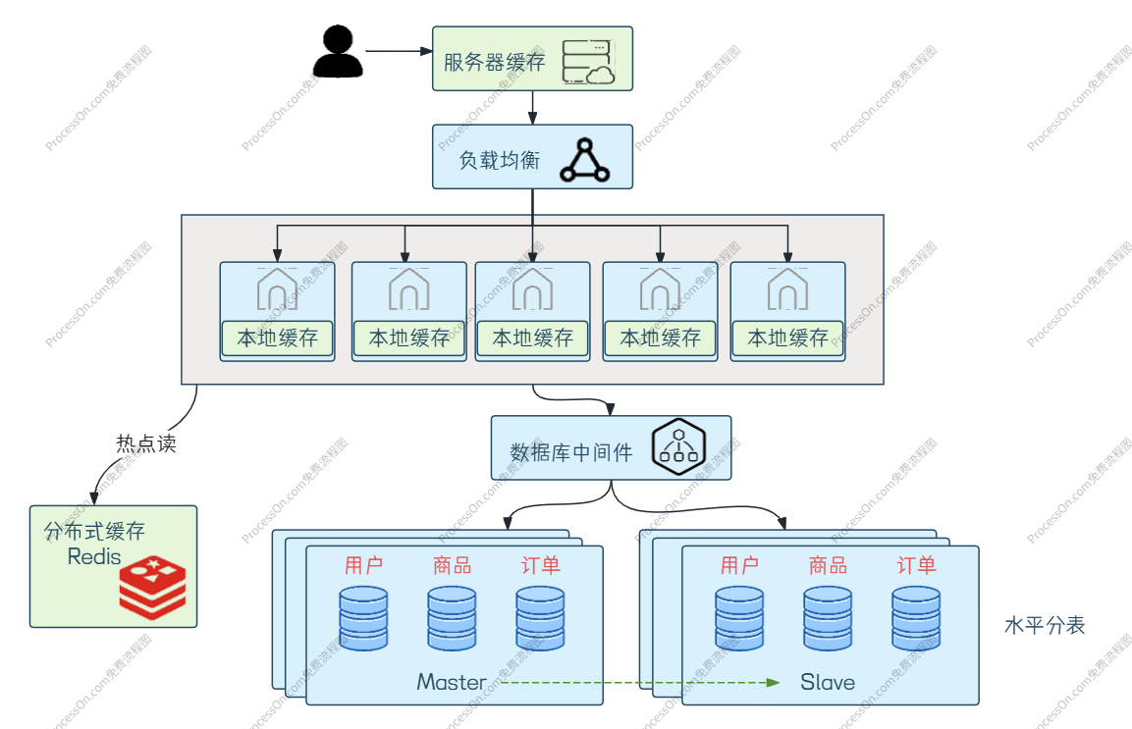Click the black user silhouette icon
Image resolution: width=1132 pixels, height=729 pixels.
point(338,51)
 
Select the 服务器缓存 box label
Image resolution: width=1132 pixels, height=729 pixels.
point(495,62)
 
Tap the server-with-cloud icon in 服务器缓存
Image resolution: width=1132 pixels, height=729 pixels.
point(588,62)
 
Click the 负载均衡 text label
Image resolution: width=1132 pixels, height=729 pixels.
point(500,160)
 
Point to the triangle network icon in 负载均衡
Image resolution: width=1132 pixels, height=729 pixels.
point(585,160)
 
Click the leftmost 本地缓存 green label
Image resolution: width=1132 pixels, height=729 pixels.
point(277,338)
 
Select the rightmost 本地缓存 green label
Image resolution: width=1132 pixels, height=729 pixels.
point(787,338)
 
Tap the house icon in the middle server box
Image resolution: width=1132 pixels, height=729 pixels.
point(533,288)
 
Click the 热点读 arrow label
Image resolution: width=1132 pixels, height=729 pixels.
point(146,443)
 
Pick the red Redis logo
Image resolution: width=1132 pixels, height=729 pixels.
point(152,588)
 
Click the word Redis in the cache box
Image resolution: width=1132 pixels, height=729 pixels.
point(94,556)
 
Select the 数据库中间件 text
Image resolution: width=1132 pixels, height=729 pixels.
point(571,452)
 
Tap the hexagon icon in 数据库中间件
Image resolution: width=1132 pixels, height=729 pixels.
point(678,446)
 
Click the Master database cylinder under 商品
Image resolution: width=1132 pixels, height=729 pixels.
point(452,618)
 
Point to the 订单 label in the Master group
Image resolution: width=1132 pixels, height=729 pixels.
point(541,565)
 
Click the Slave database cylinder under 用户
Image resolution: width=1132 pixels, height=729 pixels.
point(739,618)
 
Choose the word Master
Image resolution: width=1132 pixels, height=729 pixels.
point(452,682)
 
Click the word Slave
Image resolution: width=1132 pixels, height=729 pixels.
point(828,682)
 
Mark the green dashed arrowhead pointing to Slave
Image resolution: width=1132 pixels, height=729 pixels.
point(774,682)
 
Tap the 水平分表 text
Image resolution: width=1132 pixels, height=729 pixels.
point(1045,625)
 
